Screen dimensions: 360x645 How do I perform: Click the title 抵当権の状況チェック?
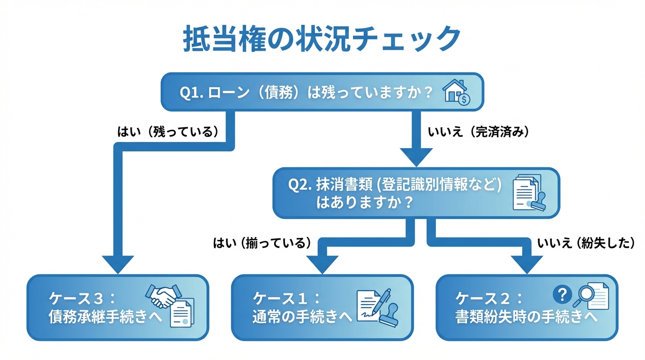pos(322,39)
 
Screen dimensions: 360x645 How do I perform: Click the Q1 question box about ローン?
pos(322,92)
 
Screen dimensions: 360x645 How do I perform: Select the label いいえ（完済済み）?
pos(479,132)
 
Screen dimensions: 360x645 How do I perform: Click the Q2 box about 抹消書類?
pos(416,193)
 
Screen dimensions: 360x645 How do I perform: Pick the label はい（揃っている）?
pos(262,243)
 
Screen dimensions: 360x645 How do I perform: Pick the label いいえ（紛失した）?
pos(586,243)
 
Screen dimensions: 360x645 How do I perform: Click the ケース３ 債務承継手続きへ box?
pos(117,307)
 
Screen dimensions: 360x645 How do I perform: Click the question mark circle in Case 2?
pos(562,294)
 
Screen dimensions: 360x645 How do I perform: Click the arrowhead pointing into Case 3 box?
pos(118,265)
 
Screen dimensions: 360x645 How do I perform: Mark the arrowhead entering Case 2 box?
pos(527,265)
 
